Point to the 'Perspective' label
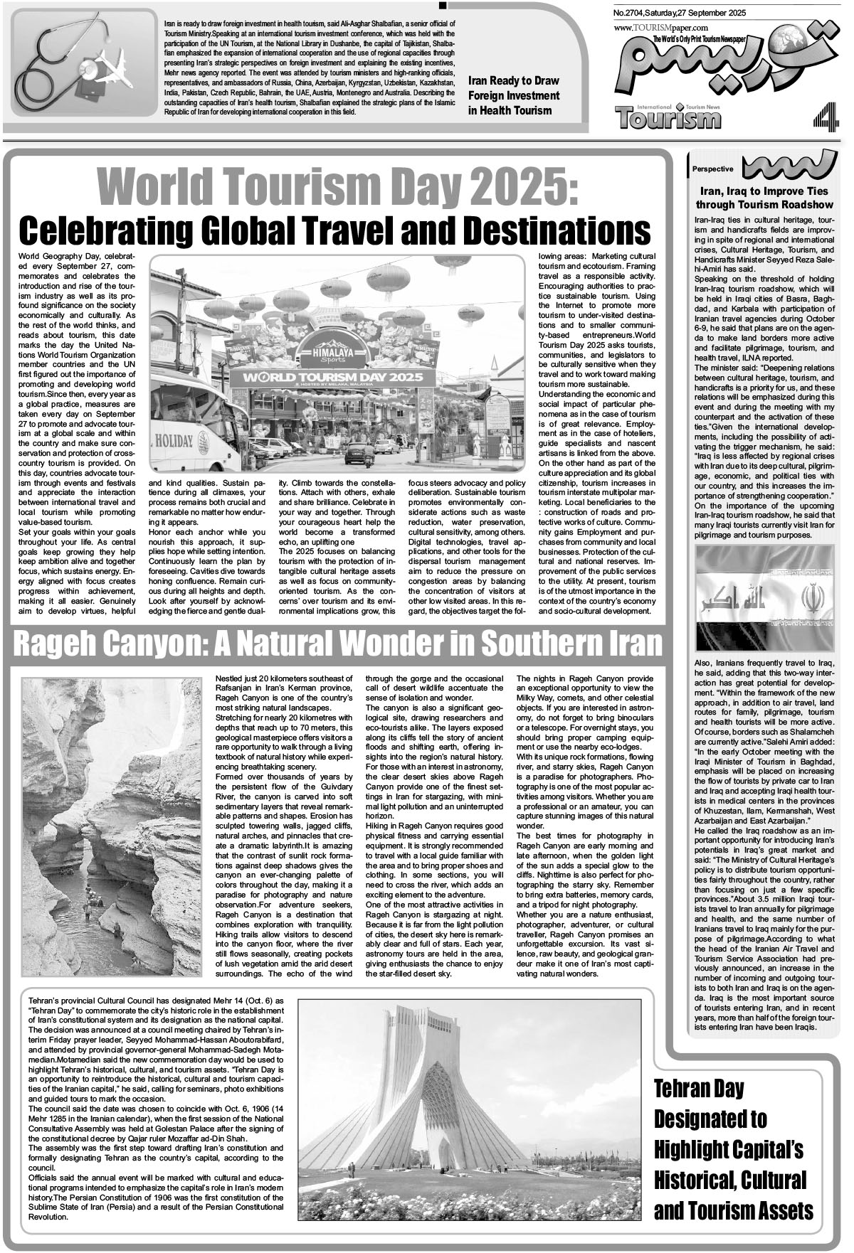(712, 169)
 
